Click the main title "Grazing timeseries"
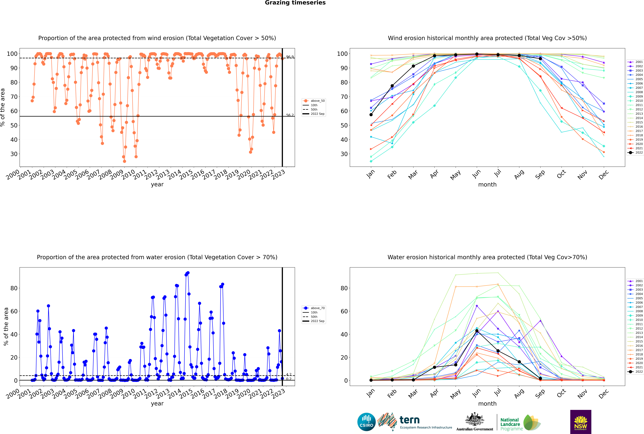pyautogui.click(x=295, y=3)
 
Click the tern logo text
pyautogui.click(x=409, y=420)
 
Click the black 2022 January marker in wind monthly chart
pyautogui.click(x=371, y=115)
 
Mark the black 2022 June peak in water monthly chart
pyautogui.click(x=477, y=331)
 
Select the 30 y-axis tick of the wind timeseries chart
pyautogui.click(x=14, y=154)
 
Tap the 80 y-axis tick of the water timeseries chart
pyautogui.click(x=14, y=288)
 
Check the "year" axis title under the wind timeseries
pyautogui.click(x=157, y=185)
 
